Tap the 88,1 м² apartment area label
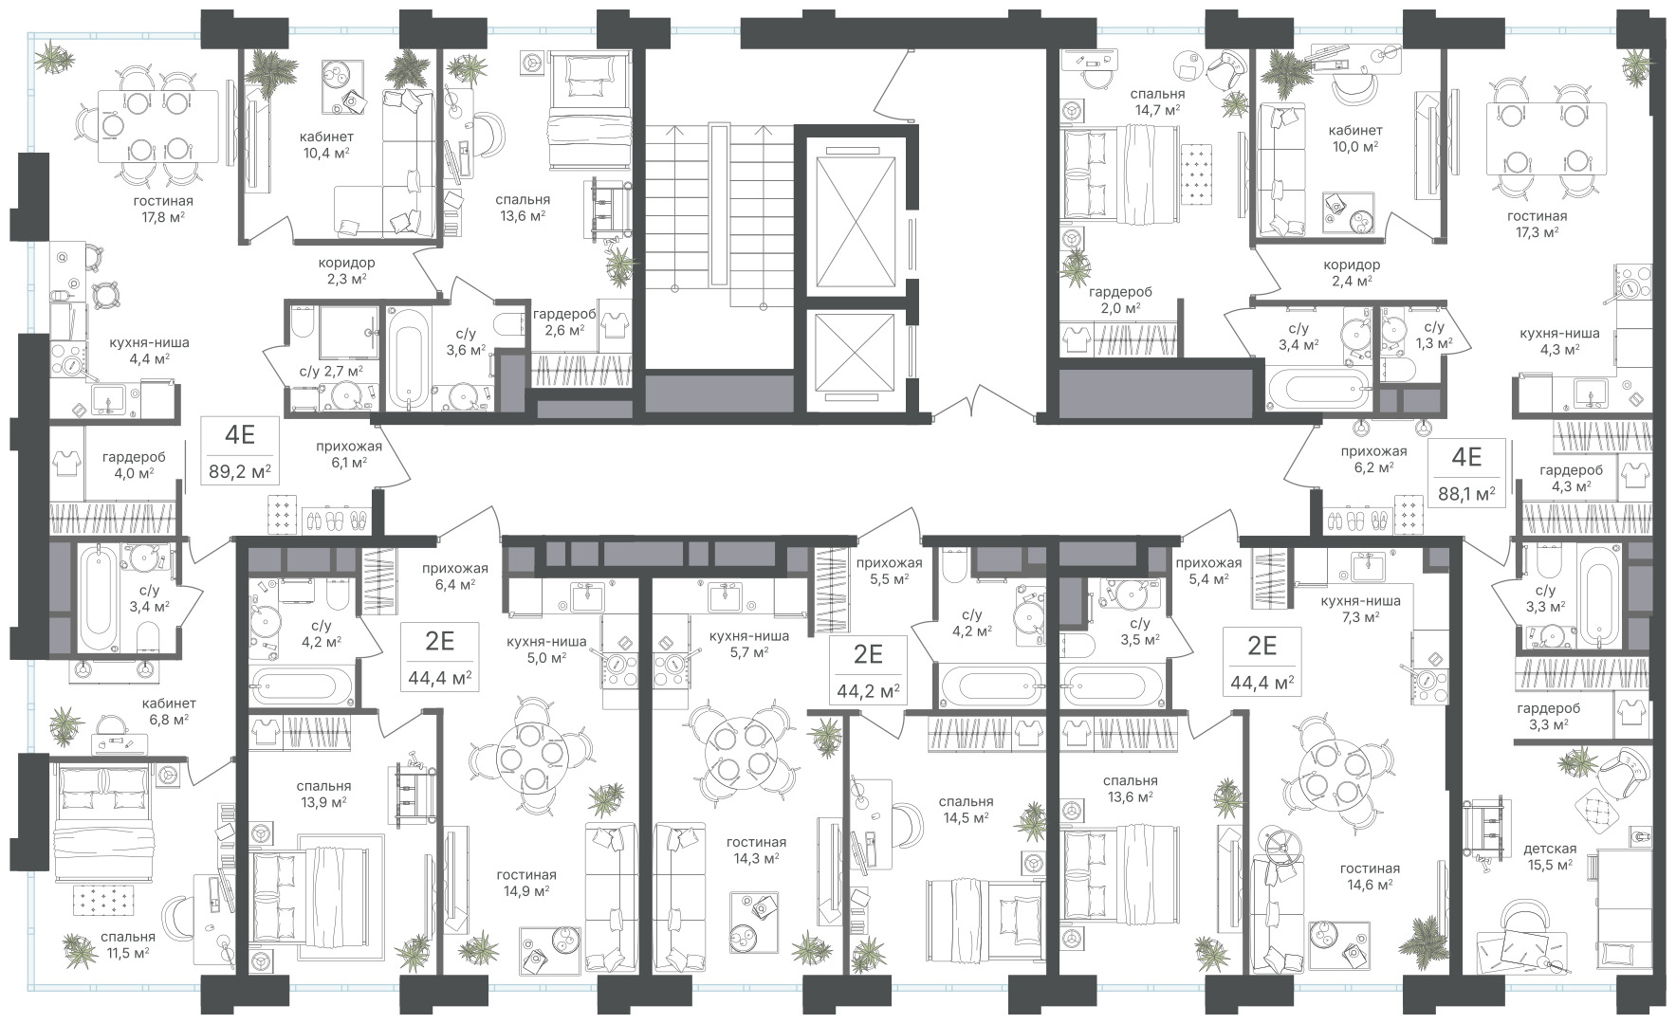point(1466,493)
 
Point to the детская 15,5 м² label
point(1550,856)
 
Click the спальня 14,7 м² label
point(1157,102)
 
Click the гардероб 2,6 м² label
point(563,321)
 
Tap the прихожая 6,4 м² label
point(455,576)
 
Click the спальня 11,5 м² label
point(127,944)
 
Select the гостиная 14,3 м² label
point(756,850)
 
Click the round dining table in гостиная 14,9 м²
point(535,758)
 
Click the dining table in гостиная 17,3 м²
point(1546,137)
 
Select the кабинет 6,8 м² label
point(169,711)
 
